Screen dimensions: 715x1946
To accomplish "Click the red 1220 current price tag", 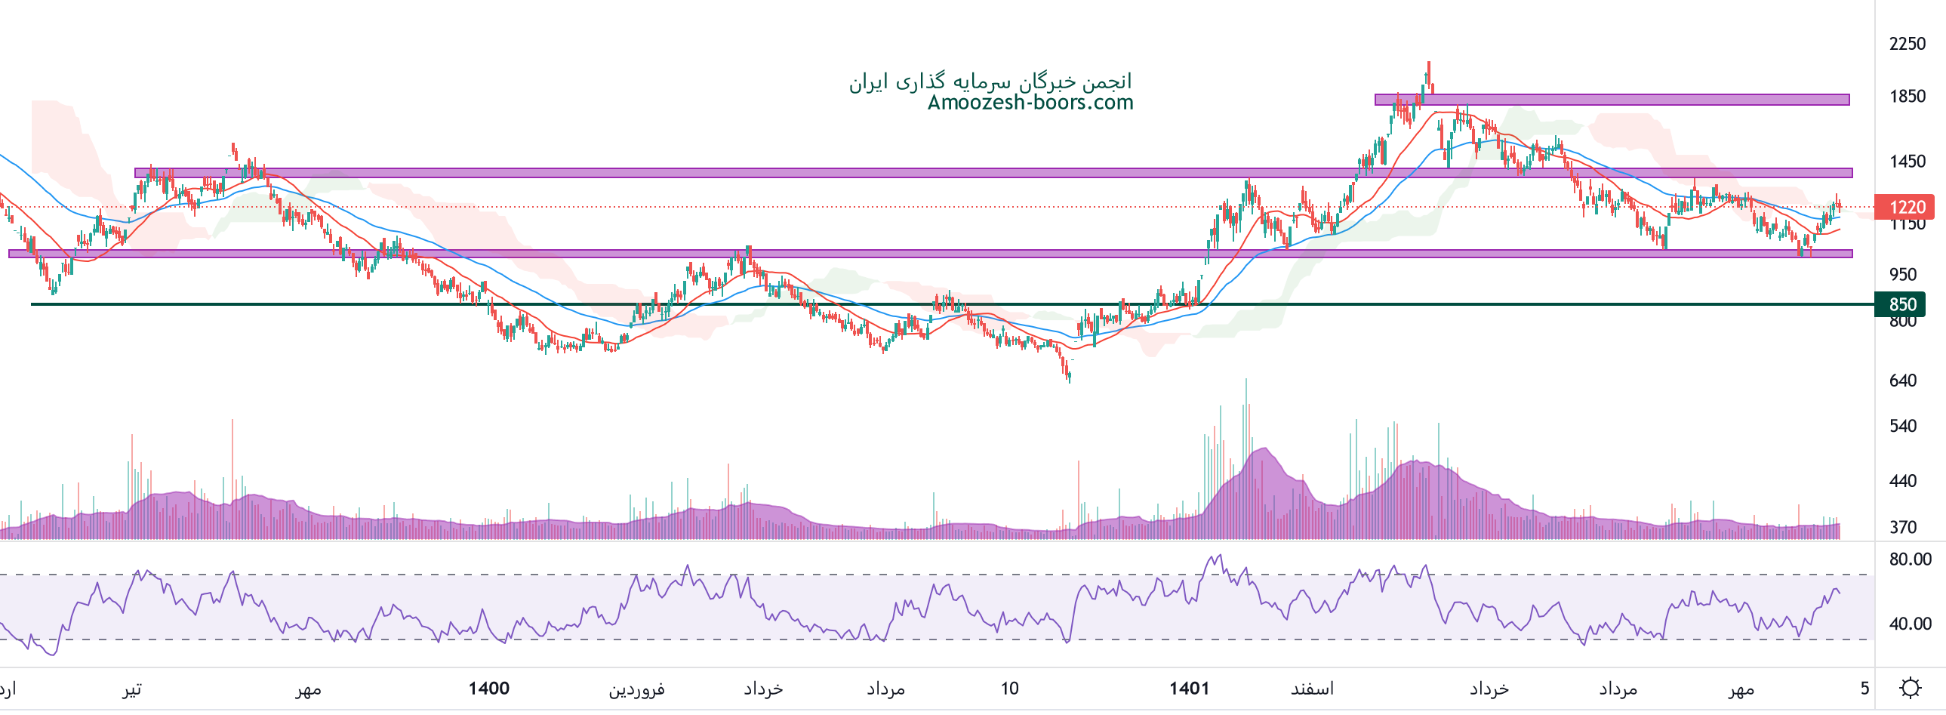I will pos(1907,207).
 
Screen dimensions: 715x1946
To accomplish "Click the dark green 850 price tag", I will pos(1902,304).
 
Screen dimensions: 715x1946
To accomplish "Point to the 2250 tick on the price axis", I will pos(1907,44).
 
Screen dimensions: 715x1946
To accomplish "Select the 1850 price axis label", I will pos(1907,96).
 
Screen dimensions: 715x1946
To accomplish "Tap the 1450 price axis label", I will pos(1907,161).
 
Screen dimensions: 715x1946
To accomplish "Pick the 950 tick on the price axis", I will pos(1902,274).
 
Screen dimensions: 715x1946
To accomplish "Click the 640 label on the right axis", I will pos(1902,381).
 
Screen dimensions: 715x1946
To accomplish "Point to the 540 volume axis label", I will pos(1902,427).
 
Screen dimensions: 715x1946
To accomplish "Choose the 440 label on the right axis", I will pos(1902,481).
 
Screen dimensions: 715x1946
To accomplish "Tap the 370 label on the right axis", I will pos(1902,527).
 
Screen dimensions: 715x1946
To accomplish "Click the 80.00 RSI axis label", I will pos(1910,559).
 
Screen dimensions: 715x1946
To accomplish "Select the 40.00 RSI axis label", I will pos(1910,624).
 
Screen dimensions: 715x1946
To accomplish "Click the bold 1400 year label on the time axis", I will pos(489,689).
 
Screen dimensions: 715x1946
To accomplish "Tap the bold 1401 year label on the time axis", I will pos(1189,689).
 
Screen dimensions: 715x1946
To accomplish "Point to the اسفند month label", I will pos(1312,689).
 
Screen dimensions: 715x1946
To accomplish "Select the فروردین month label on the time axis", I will pos(637,689).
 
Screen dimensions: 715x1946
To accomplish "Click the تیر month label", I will pos(132,689).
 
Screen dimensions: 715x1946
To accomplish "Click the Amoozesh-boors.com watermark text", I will pos(1030,103).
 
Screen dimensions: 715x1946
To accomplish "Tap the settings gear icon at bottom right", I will pos(1911,688).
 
